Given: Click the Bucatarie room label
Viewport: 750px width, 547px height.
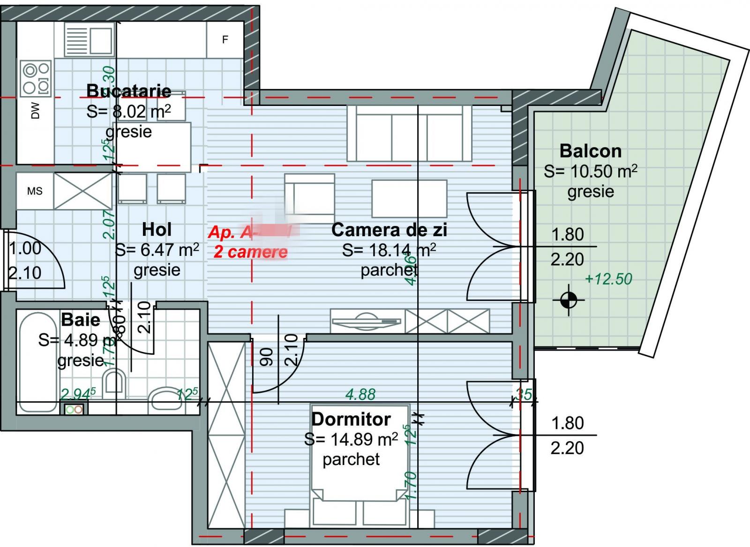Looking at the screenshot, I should pos(129,90).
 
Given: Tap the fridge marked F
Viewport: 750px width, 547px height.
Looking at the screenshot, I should pos(225,40).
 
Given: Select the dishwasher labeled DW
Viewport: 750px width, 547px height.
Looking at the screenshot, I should pos(36,111).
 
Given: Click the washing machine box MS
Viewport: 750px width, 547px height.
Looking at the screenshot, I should pos(35,191).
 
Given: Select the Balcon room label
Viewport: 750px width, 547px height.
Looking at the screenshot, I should pos(591,151).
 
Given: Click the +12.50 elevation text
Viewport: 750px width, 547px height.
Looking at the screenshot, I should pos(608,279).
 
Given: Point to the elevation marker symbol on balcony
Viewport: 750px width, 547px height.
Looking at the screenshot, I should pos(569,300).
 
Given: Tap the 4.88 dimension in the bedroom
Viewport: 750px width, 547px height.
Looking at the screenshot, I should pos(360,394).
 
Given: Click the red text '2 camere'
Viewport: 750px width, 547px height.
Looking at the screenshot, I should pos(250,252).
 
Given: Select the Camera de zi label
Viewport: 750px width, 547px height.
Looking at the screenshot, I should pos(389,230).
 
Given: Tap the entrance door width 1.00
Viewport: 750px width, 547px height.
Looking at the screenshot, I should pos(25,248).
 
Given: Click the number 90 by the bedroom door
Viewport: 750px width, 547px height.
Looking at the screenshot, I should pos(266,356).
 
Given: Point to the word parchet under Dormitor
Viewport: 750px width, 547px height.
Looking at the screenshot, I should pos(351,459).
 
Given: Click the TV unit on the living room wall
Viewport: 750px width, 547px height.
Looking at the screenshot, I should pos(366,321).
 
